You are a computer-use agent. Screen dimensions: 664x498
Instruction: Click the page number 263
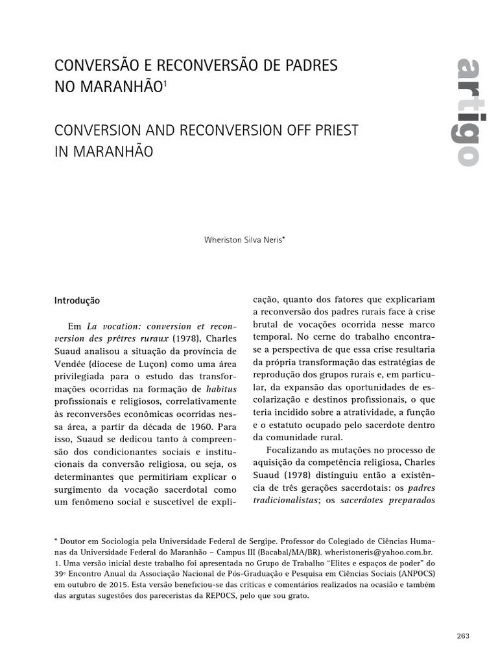(x=462, y=636)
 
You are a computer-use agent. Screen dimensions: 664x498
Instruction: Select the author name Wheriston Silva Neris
(x=243, y=239)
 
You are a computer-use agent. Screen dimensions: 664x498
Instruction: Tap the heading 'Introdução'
(x=77, y=301)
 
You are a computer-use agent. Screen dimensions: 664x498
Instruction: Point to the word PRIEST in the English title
(x=336, y=130)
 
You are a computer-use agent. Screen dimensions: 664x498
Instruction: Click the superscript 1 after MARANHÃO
(x=165, y=82)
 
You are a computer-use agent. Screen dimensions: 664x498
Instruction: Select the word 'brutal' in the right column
(x=265, y=324)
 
